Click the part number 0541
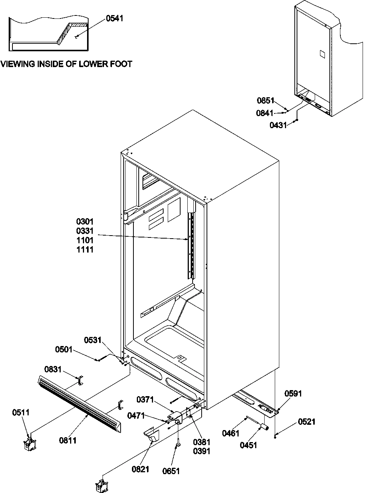pos(114,18)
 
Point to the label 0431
pos(278,125)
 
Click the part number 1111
pos(84,250)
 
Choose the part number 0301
pos(84,222)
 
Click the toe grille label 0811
pos(68,440)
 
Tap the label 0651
pos(172,471)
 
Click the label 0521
pos(307,422)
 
